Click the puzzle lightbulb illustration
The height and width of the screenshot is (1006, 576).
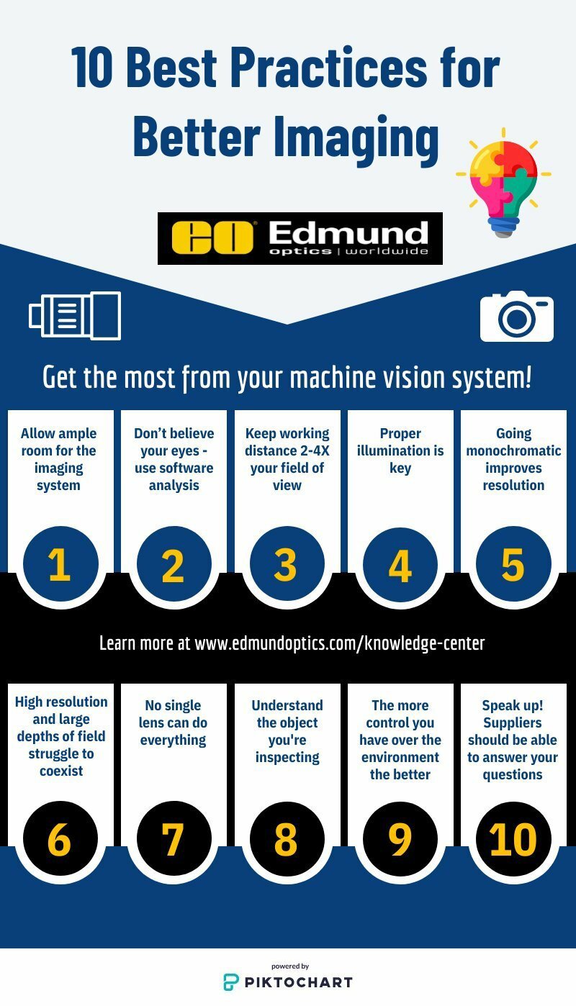pos(503,182)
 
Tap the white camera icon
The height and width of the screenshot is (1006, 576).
pos(517,316)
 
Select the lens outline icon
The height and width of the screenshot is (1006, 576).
pos(75,315)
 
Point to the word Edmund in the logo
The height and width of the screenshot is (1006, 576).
pos(348,232)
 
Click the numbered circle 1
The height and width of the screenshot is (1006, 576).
pos(59,565)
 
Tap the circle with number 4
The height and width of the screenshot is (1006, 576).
pos(400,565)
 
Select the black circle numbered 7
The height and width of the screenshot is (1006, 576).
pos(173,838)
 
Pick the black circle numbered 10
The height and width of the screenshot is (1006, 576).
pos(513,838)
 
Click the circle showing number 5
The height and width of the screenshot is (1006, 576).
pos(513,565)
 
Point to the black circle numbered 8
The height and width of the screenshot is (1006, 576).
pos(286,838)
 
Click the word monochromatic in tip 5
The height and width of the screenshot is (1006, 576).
pos(513,450)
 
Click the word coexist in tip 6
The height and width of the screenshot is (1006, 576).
pos(61,771)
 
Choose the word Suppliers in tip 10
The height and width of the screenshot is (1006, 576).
pos(513,722)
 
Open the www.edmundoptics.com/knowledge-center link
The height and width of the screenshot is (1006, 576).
pos(340,643)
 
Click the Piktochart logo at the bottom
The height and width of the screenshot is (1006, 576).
pos(288,981)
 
